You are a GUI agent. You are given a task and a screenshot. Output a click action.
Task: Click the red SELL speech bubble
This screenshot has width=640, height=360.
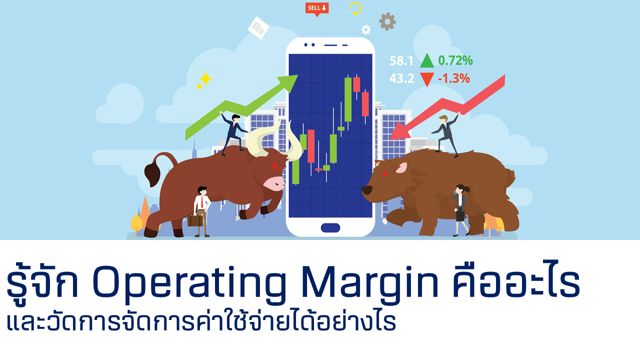click(x=316, y=8)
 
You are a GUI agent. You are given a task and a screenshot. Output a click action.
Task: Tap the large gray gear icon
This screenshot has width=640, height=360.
click(x=387, y=21)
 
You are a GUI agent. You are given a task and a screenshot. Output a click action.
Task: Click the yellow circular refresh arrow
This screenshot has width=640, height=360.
click(x=355, y=8)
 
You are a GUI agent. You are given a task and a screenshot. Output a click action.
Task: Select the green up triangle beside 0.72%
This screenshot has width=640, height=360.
click(x=427, y=61)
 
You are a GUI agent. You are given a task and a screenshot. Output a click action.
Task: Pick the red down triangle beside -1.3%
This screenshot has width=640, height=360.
click(x=427, y=79)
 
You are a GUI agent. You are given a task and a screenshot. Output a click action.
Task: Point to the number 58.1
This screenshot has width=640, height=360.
click(x=401, y=61)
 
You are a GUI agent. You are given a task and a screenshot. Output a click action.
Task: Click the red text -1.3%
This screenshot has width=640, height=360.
click(x=453, y=78)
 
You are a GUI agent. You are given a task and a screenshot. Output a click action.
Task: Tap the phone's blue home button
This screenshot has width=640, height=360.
click(x=330, y=227)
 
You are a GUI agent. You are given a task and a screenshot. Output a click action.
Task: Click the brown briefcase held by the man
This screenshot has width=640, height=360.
click(x=195, y=220)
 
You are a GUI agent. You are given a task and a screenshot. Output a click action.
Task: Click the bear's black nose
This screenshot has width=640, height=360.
click(x=366, y=190)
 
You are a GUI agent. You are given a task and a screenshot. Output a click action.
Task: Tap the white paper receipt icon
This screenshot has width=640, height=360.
click(x=258, y=27)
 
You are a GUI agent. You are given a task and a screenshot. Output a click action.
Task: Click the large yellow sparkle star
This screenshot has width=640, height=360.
click(x=205, y=78)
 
